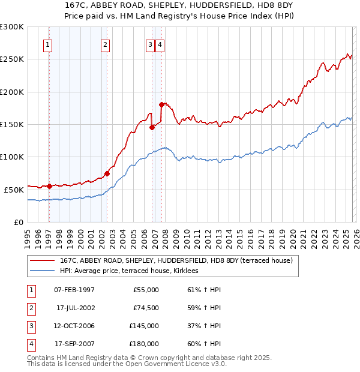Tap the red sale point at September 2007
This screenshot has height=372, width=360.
161,104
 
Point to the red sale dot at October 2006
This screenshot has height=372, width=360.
152,127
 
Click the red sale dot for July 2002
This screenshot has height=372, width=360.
107,173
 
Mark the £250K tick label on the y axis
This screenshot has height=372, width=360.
11,59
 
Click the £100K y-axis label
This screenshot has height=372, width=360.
11,157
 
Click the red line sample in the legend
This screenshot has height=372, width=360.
43,260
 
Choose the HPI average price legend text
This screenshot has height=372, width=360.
133,271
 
